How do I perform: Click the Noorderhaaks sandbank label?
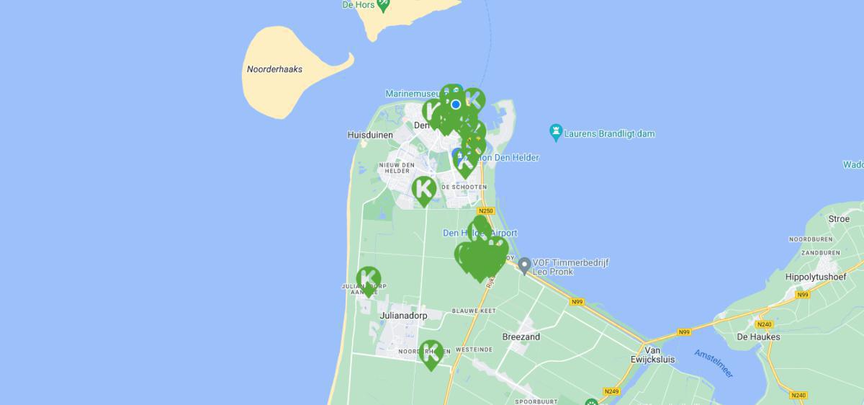click(x=274, y=70)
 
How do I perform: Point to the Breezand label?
click(x=521, y=337)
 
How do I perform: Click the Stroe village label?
click(x=839, y=219)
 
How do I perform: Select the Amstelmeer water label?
click(x=714, y=362)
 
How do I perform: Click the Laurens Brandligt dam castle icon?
click(x=555, y=133)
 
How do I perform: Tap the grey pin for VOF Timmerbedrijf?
click(x=524, y=266)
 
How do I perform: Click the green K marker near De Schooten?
click(x=424, y=189)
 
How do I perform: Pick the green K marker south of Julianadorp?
click(x=431, y=353)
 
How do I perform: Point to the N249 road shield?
click(x=611, y=391)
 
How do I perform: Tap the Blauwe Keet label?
click(x=472, y=311)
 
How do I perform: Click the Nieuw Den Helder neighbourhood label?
click(x=397, y=169)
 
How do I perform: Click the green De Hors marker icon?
click(x=384, y=4)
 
